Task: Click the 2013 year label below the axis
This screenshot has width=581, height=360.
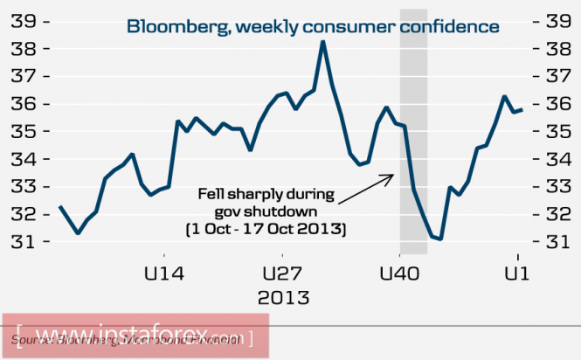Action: [285, 297]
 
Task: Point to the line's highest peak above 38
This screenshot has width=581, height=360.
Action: [322, 42]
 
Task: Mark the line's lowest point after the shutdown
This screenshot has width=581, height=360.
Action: [441, 239]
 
